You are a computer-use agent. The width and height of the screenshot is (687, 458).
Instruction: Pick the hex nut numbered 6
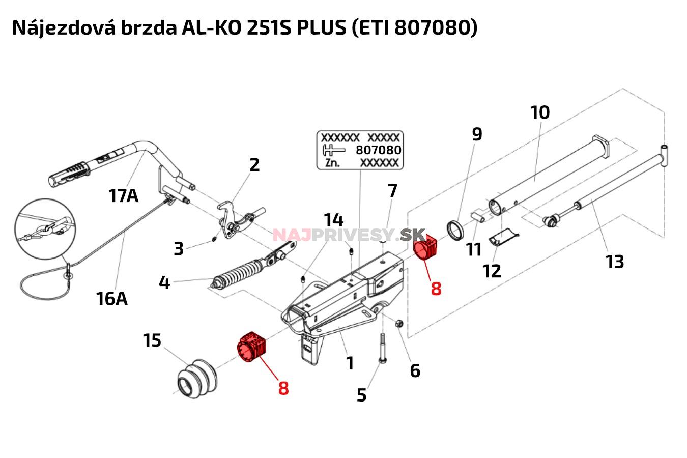(x=399, y=323)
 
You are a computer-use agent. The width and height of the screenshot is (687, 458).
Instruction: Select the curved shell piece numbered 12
(x=503, y=237)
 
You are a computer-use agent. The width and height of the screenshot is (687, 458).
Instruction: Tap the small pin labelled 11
(x=479, y=216)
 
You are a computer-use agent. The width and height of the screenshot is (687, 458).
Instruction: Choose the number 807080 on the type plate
(x=378, y=150)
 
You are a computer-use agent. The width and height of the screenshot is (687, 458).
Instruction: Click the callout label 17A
(x=123, y=195)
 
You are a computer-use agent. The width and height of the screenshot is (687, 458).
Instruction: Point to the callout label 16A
(x=111, y=299)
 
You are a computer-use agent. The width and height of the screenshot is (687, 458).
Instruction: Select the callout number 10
(x=540, y=112)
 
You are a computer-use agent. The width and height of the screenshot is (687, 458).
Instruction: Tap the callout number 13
(x=615, y=262)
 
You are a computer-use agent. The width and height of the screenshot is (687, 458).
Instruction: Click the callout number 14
(x=334, y=220)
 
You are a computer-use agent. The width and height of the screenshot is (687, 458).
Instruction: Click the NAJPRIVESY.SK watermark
(x=349, y=235)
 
